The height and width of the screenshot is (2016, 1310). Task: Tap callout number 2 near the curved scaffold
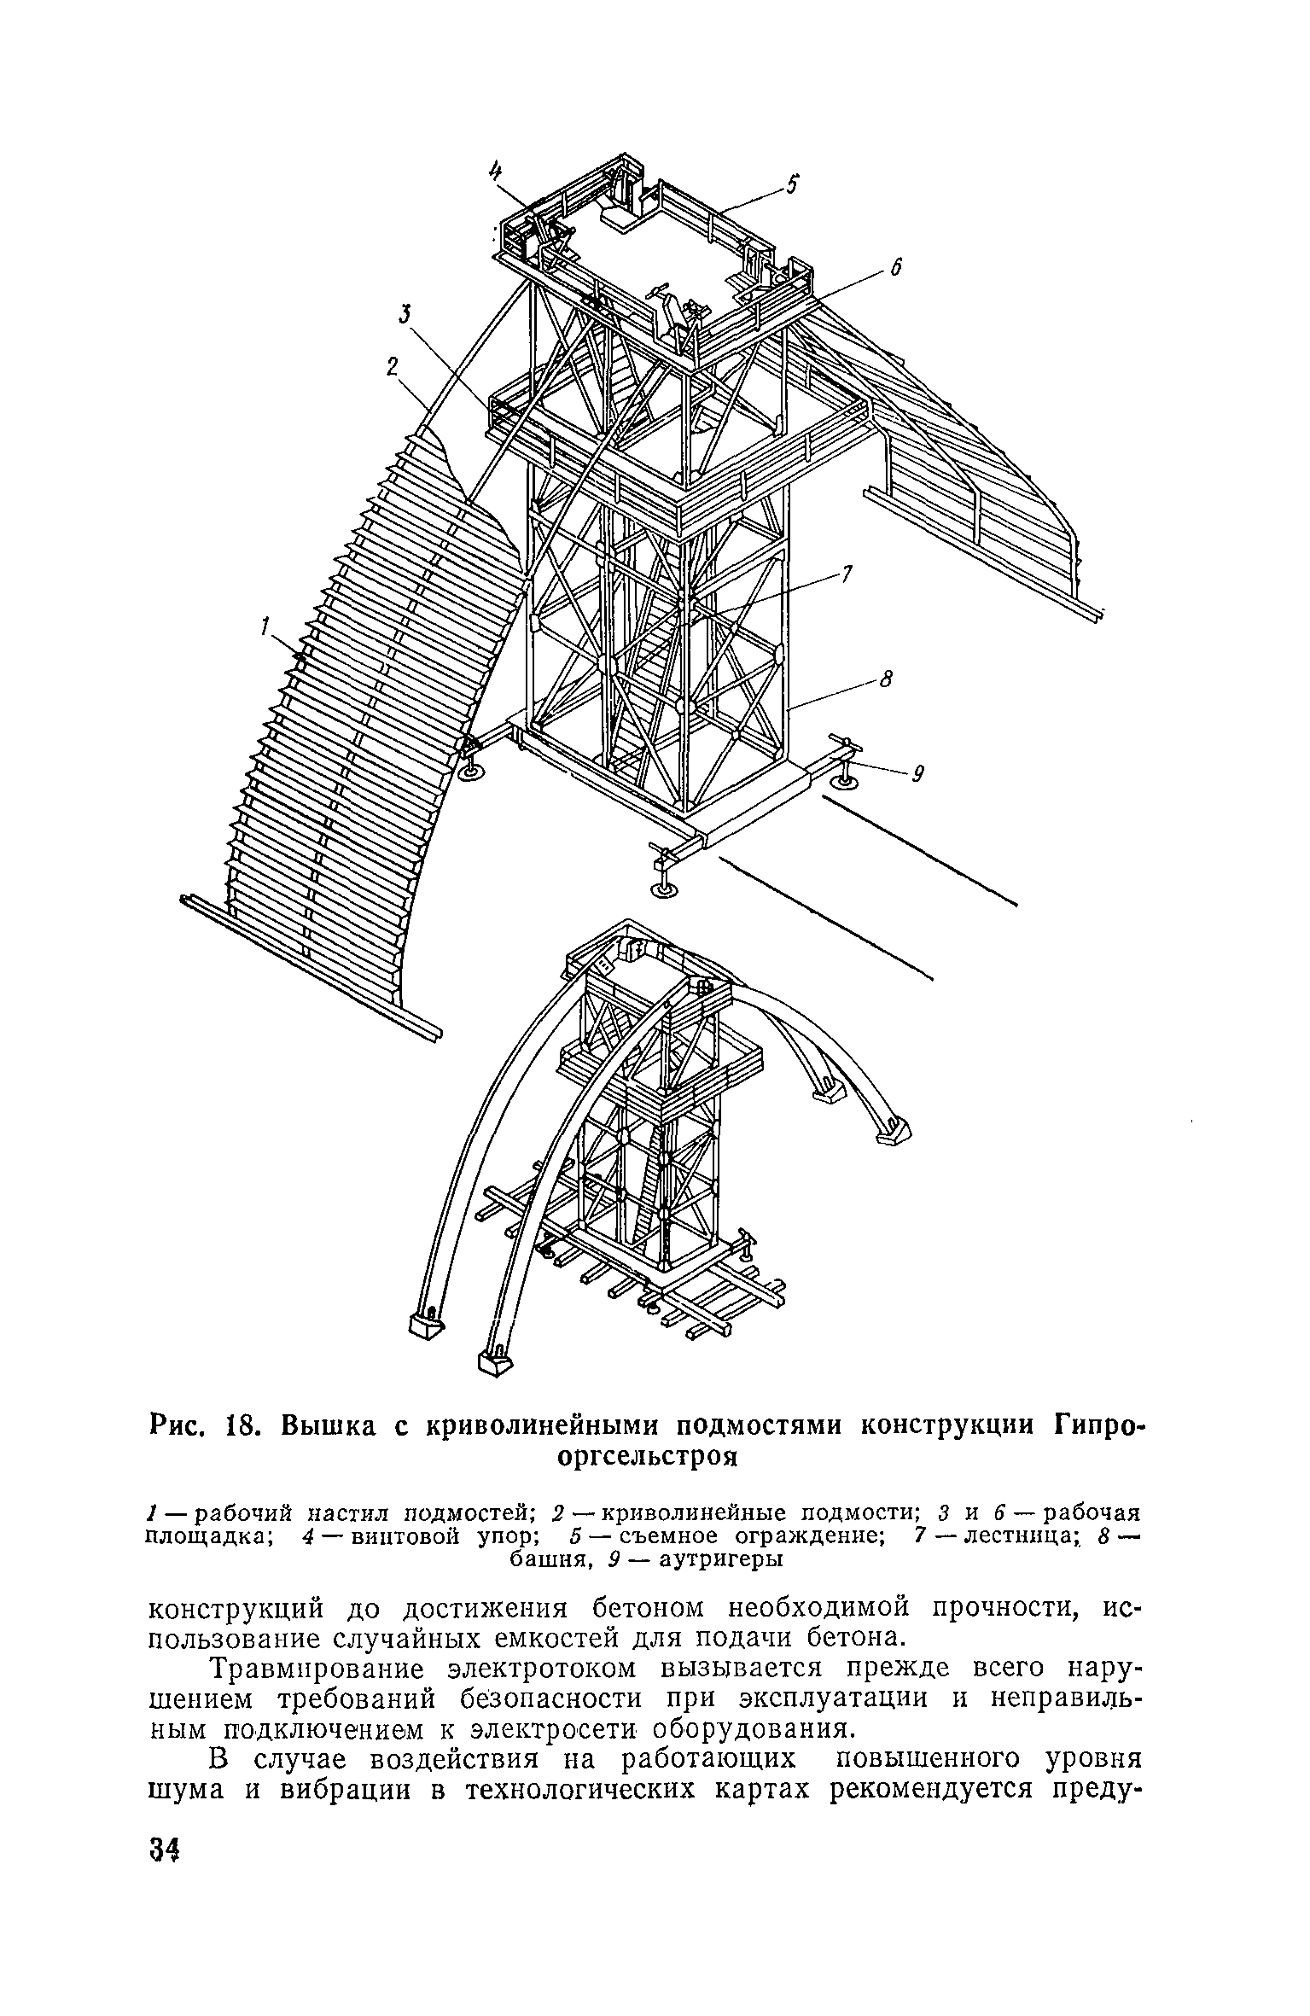(x=392, y=367)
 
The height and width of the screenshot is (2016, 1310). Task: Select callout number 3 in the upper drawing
(x=405, y=316)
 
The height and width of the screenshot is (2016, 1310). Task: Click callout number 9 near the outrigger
(x=918, y=774)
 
